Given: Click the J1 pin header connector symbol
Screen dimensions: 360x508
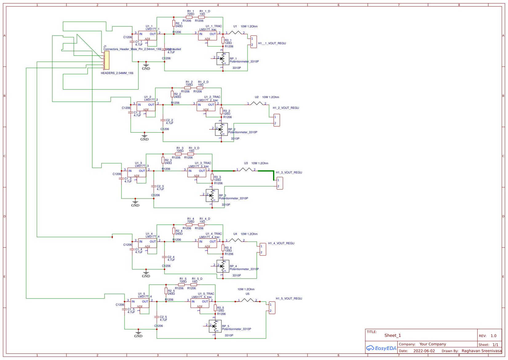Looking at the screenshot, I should [106, 60].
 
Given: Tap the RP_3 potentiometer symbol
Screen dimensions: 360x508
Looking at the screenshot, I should [212, 196].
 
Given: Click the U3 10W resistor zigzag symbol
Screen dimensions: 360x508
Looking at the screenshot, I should [246, 169].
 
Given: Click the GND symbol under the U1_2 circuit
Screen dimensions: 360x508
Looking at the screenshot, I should [144, 136].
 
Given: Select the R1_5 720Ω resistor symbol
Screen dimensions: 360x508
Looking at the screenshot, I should [181, 285].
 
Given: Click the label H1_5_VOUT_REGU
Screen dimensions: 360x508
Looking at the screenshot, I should [289, 299].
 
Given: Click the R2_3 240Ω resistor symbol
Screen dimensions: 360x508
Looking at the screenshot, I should [163, 160].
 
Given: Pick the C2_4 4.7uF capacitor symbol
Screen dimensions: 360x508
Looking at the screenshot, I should [165, 257].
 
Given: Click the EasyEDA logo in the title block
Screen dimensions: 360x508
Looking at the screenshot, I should [381, 348].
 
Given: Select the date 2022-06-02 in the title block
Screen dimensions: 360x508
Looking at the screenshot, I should [424, 351].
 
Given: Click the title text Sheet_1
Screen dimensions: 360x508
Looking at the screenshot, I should [392, 335].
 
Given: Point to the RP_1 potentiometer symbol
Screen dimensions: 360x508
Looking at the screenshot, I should [223, 59].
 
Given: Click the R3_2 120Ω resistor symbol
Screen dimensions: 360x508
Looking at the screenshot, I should [221, 111].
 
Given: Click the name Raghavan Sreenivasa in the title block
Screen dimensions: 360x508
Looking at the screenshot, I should [481, 351].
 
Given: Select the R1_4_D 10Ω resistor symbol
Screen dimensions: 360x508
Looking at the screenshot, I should [201, 225].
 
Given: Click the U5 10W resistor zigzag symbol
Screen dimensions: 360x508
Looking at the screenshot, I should [247, 300].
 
